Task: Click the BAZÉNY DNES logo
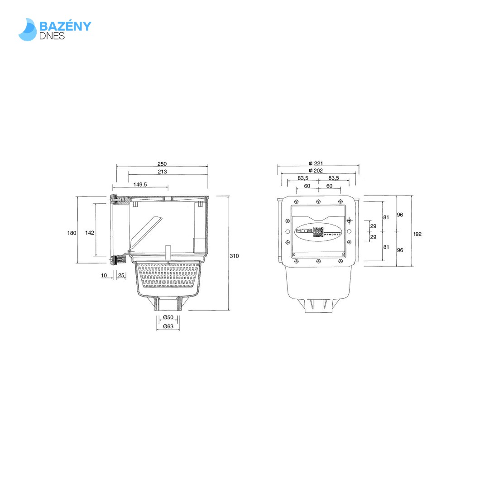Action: (x=55, y=29)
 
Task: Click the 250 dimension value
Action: (x=162, y=164)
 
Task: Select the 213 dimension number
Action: (x=163, y=172)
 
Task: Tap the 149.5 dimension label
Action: (x=140, y=184)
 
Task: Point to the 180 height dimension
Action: (x=72, y=233)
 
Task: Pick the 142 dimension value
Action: (x=90, y=233)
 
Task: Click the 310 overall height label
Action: (x=234, y=256)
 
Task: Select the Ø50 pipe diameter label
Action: (x=168, y=317)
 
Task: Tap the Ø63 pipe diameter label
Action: (x=168, y=326)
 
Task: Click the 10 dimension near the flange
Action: (x=104, y=275)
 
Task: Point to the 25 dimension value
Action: (x=121, y=275)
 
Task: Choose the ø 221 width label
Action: (x=316, y=163)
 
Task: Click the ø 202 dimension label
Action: (x=316, y=171)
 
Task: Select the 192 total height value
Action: (x=417, y=234)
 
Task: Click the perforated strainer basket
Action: (x=168, y=275)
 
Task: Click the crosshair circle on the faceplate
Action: (x=349, y=220)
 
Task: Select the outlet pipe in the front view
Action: (x=318, y=306)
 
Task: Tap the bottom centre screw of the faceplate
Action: (x=318, y=261)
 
